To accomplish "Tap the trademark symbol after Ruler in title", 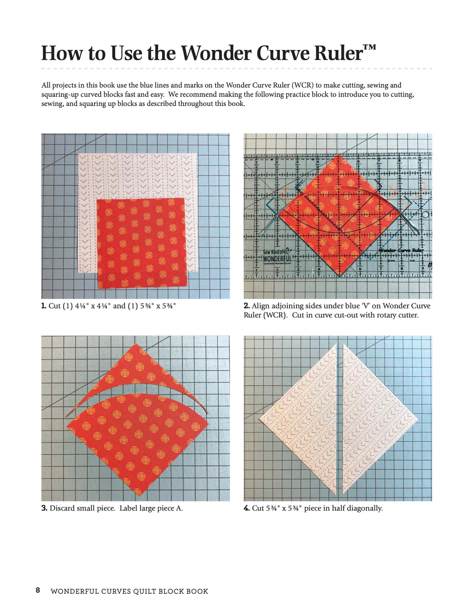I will (x=369, y=48).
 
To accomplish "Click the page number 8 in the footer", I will (x=38, y=590).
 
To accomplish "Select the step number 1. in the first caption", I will (x=44, y=306).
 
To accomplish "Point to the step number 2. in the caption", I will (x=247, y=306).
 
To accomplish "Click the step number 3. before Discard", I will (x=45, y=508).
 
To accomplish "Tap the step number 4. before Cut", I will (x=247, y=508).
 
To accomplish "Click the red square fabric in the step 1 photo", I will (x=141, y=243).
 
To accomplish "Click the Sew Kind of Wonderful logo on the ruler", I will (x=277, y=256).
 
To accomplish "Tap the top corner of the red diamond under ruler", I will (x=338, y=155).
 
